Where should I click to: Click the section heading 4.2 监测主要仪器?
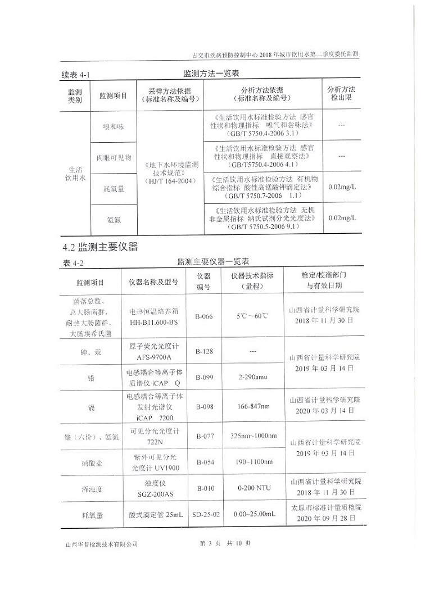pos(99,247)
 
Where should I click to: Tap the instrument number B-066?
pos(204,316)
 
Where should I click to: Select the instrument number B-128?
pos(204,351)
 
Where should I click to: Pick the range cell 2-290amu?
pos(253,376)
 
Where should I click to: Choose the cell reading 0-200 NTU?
pos(254,488)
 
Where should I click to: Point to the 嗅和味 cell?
pos(113,126)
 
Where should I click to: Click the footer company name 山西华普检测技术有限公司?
pos(102,544)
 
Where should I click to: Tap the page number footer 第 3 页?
pos(208,543)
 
